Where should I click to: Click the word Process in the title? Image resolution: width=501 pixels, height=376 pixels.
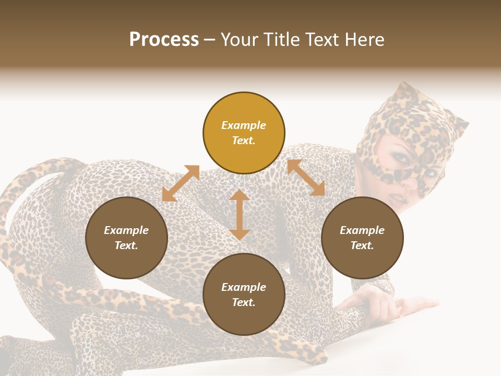click(164, 40)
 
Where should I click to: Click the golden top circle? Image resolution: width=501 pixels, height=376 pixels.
click(244, 133)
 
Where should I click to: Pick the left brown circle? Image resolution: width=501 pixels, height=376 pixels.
click(126, 238)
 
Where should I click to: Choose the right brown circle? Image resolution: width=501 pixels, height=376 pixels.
click(362, 238)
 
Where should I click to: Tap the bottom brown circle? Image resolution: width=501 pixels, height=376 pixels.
click(244, 295)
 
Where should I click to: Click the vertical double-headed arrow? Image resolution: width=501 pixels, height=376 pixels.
click(240, 215)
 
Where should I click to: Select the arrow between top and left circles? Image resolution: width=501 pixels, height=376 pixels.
click(181, 183)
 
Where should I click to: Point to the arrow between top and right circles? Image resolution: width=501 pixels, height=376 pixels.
click(306, 178)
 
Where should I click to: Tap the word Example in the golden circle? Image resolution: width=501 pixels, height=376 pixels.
click(244, 125)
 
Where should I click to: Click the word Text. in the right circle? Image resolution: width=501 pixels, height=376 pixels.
click(362, 245)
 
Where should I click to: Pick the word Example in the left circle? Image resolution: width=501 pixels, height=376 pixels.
click(126, 230)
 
